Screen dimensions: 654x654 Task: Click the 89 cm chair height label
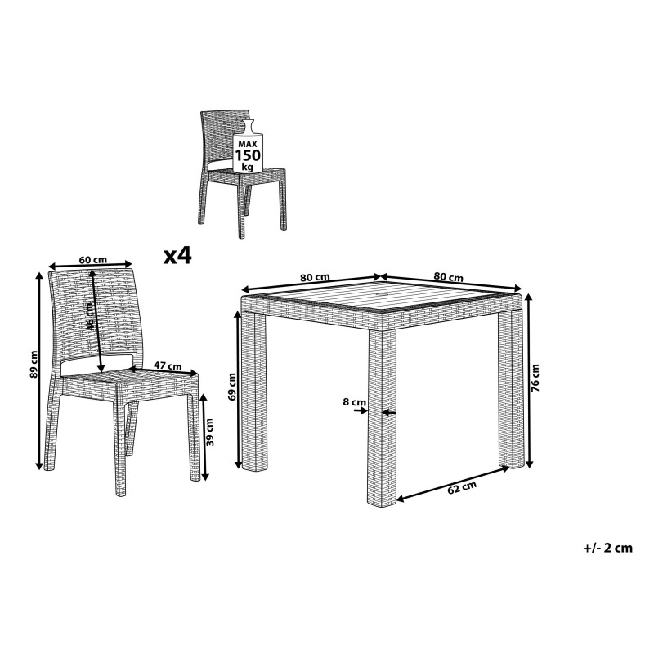[x=34, y=364]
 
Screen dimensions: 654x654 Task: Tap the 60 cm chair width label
[x=93, y=260]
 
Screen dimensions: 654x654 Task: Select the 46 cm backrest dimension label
[x=90, y=316]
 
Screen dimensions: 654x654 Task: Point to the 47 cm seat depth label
[x=168, y=365]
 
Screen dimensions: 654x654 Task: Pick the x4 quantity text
[x=177, y=255]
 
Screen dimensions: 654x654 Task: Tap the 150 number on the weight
[x=248, y=155]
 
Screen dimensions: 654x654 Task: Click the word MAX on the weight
[x=248, y=144]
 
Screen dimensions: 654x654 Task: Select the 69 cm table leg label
[x=232, y=387]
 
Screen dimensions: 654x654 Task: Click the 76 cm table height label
[x=535, y=378]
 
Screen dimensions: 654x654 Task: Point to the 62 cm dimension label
[x=462, y=487]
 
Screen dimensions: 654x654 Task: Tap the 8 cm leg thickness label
[x=354, y=402]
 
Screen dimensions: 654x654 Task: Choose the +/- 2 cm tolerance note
[x=607, y=548]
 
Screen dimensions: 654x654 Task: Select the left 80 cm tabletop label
[x=315, y=277]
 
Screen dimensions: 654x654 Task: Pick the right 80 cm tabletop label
[x=448, y=276]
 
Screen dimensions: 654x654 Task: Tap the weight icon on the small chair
[x=248, y=146]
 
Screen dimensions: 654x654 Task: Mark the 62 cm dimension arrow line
[x=453, y=483]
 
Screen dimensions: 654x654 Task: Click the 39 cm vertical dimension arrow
[x=204, y=437]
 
